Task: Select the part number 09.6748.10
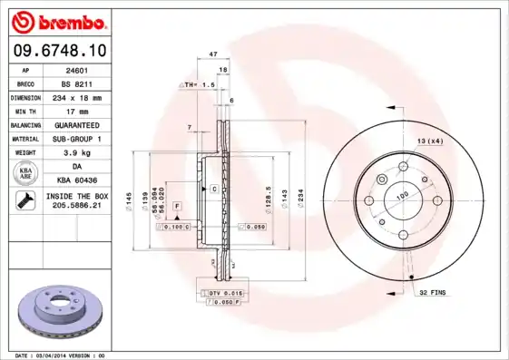[56, 52]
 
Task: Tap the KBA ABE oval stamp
[26, 173]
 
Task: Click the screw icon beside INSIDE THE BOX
[24, 201]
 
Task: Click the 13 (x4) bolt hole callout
[431, 141]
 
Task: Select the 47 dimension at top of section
[214, 54]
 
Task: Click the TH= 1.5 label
[201, 84]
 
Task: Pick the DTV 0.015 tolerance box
[221, 294]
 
